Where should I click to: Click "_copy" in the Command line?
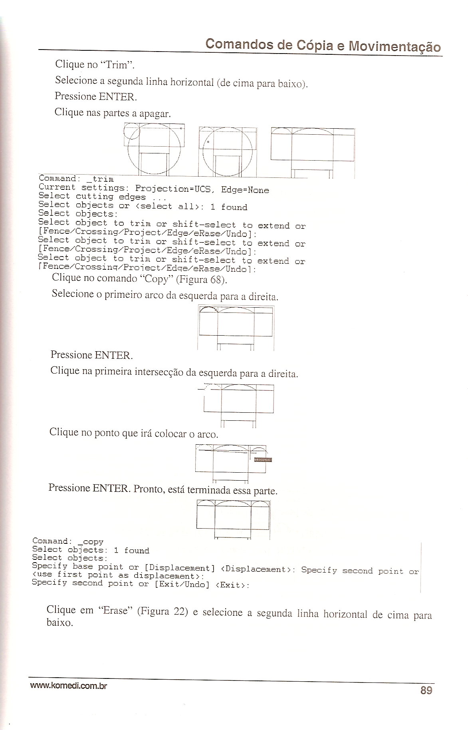tap(91, 542)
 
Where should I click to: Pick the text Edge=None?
tap(245, 190)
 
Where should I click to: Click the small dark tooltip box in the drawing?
tap(263, 460)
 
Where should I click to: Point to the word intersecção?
tap(159, 372)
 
